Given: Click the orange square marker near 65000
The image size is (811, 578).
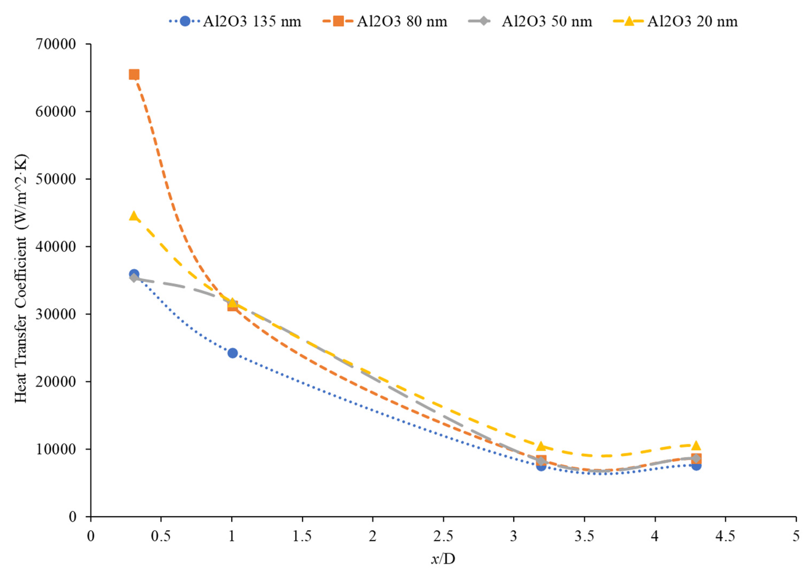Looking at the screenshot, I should tap(133, 74).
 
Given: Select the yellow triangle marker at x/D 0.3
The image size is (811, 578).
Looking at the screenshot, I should tap(133, 216).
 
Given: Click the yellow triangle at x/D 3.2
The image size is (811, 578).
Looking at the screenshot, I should tap(541, 446).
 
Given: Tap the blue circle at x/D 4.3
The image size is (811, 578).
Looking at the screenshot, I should tap(696, 465).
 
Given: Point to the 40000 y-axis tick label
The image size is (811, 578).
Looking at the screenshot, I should tap(56, 247).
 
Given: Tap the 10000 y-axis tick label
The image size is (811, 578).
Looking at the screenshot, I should tap(56, 449).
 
